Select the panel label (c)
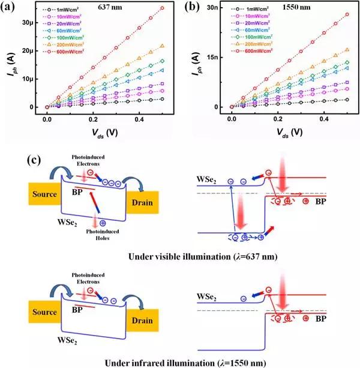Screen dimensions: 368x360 pyautogui.click(x=37, y=161)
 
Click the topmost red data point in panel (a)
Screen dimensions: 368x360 pyautogui.click(x=162, y=8)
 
